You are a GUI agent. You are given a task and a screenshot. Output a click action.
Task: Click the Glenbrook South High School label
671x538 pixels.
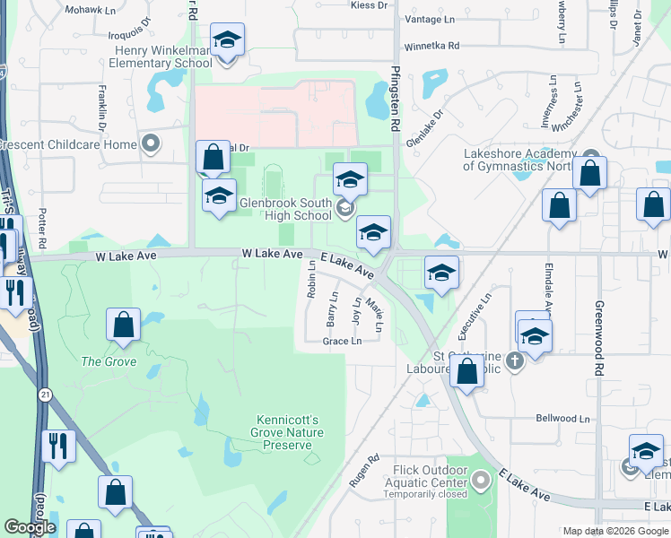pos(285,209)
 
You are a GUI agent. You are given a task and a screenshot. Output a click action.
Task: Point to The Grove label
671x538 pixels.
pos(109,361)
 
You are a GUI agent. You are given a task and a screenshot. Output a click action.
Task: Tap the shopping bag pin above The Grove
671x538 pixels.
pos(123,325)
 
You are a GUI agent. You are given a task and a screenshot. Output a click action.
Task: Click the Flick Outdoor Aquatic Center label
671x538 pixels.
pos(431,482)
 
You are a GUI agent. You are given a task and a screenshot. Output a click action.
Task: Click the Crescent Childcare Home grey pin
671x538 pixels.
pos(150,143)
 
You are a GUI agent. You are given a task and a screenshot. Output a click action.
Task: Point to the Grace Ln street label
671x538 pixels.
pos(343,341)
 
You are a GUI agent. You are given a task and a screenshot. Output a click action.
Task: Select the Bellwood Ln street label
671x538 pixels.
pos(562,419)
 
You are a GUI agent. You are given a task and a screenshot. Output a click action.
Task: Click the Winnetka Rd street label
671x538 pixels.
pos(431,45)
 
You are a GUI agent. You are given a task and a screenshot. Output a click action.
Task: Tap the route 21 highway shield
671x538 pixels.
pos(45,394)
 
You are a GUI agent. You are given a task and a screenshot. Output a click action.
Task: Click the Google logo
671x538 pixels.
pos(30,527)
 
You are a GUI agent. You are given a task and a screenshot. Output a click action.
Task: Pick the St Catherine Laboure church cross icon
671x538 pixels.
pos(514,361)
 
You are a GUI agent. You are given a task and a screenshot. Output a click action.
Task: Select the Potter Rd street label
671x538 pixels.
pos(42,230)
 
